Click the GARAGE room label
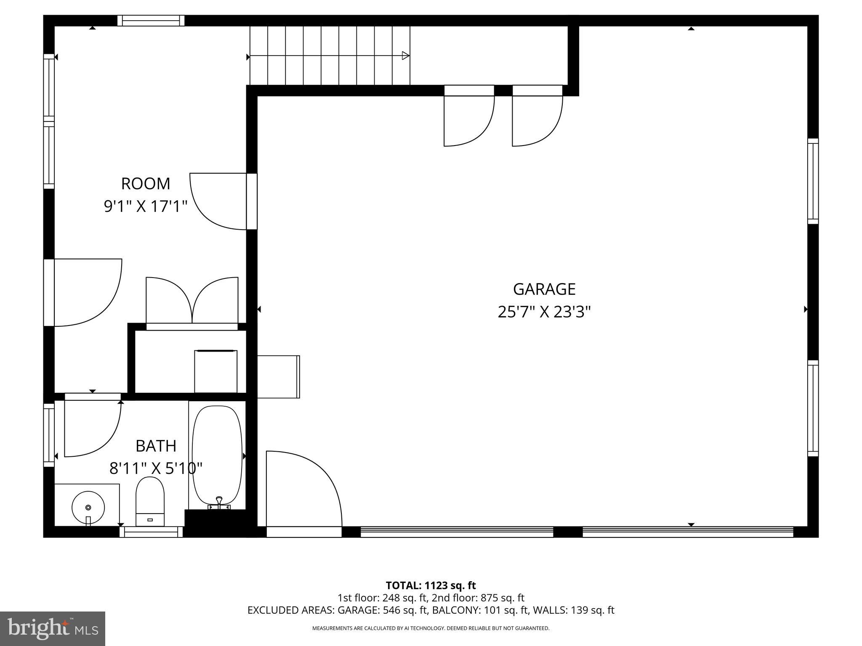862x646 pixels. (x=544, y=289)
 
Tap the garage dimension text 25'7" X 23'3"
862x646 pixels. (x=544, y=312)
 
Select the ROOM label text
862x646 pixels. (x=146, y=184)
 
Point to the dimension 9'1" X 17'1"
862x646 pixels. (x=146, y=207)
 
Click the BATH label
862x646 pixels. (x=156, y=446)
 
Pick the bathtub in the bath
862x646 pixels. (x=217, y=454)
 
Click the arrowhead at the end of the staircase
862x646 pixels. (x=406, y=56)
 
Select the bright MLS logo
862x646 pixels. (x=53, y=629)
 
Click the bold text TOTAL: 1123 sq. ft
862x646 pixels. (x=431, y=585)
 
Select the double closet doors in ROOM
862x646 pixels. (x=192, y=301)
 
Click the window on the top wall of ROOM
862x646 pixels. (x=151, y=21)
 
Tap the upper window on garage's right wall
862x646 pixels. (x=813, y=181)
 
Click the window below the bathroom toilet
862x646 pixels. (x=151, y=532)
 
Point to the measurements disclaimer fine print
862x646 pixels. (x=431, y=628)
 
